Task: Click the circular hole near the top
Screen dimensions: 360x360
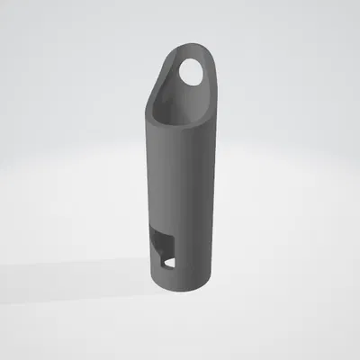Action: [x=192, y=71]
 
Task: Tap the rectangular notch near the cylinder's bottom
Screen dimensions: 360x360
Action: [x=163, y=249]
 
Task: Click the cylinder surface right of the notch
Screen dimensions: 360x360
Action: [x=193, y=252]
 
